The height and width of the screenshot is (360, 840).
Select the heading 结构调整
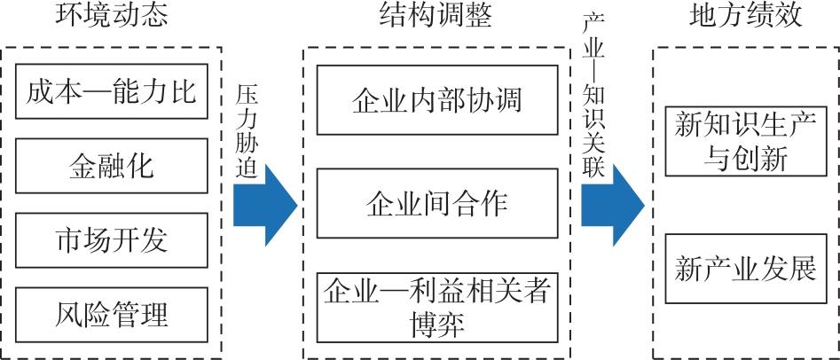click(x=436, y=19)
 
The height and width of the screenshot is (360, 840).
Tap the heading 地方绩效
click(x=745, y=19)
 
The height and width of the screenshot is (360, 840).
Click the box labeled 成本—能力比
click(x=111, y=91)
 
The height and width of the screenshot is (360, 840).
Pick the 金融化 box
click(x=111, y=166)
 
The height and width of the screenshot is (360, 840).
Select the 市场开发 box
click(x=111, y=239)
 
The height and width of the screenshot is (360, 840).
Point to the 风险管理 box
click(x=111, y=313)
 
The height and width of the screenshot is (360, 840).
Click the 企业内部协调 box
click(x=437, y=99)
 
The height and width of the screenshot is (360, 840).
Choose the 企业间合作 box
click(x=437, y=203)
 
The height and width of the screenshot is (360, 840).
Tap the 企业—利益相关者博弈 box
click(x=437, y=306)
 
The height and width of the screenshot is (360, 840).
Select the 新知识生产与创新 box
click(x=744, y=140)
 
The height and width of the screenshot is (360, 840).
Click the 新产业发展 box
click(x=744, y=268)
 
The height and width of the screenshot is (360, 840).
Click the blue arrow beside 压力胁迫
click(x=265, y=206)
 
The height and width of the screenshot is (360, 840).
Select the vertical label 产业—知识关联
click(x=593, y=95)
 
